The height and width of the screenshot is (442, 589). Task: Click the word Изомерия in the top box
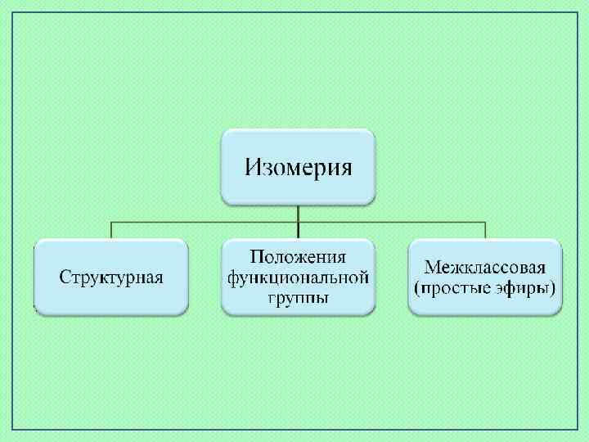[299, 168]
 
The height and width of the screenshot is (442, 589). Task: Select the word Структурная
[111, 277]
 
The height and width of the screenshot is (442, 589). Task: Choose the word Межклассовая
[486, 267]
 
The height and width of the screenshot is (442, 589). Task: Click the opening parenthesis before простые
[417, 288]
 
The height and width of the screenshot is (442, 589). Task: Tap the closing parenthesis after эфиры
[554, 288]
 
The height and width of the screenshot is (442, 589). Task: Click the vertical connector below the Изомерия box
[299, 212]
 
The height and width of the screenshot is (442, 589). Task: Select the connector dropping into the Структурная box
[111, 230]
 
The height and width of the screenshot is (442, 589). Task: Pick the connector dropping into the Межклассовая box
[486, 230]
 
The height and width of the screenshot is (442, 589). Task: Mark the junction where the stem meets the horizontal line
[299, 221]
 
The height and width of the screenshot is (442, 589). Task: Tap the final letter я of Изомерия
[346, 169]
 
